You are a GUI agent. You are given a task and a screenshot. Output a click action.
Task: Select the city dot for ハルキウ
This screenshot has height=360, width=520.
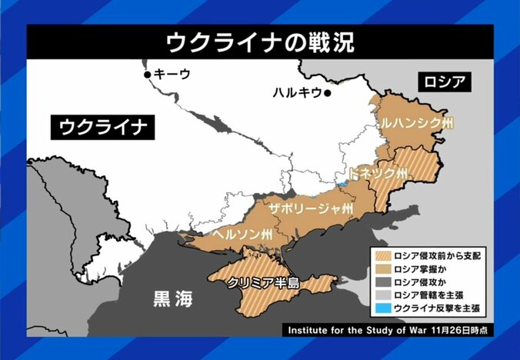tap(327, 93)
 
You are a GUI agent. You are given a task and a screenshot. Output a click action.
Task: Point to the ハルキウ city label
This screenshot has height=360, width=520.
tap(296, 93)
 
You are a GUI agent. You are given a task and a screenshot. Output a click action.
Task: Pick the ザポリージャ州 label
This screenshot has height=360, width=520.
tap(311, 208)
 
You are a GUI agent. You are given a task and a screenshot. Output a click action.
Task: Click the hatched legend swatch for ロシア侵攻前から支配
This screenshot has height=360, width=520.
tap(381, 255)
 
